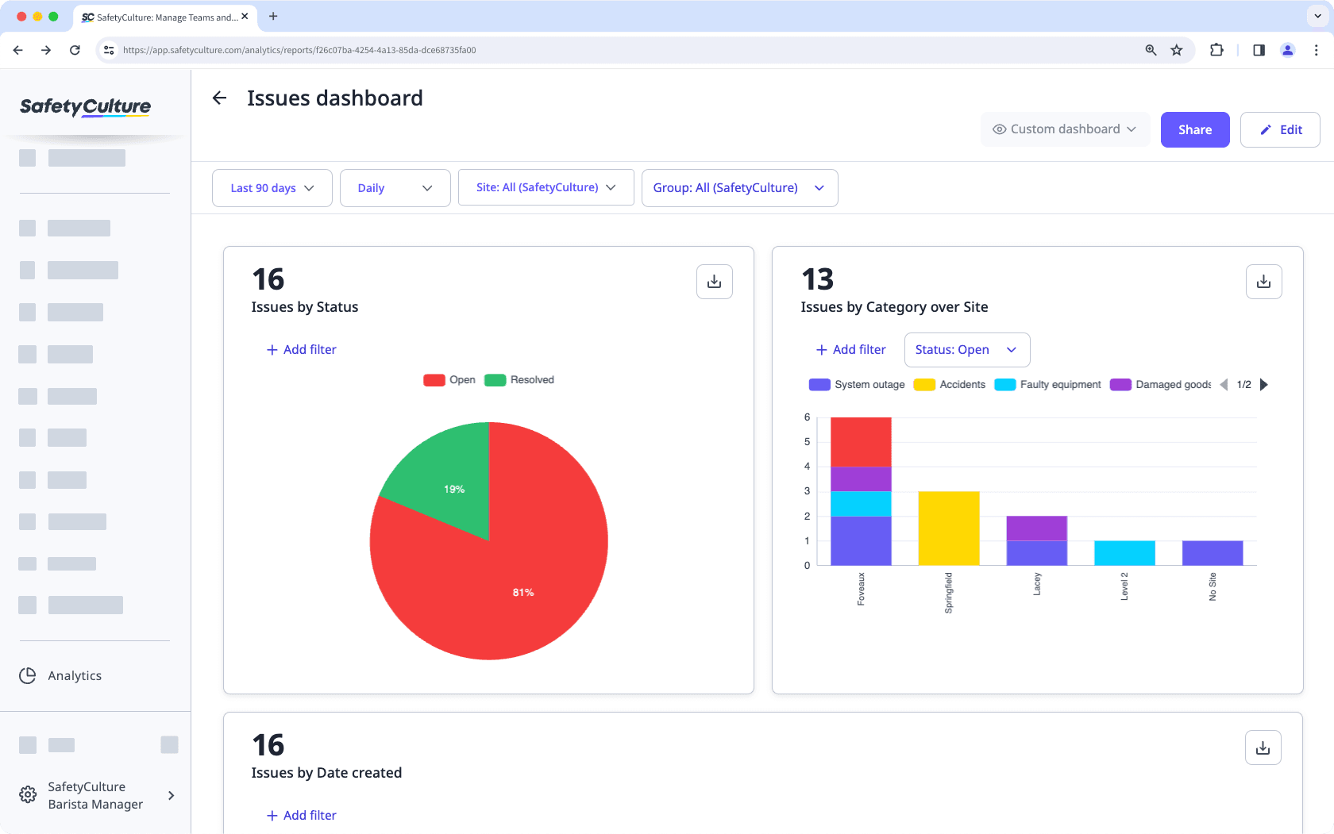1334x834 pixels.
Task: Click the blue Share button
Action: click(1194, 129)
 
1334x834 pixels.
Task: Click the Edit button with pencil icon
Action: click(1280, 129)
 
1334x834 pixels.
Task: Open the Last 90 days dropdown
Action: click(272, 188)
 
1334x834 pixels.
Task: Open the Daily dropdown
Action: click(395, 188)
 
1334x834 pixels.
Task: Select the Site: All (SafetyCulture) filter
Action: click(546, 187)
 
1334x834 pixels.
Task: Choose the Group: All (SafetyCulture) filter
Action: click(738, 188)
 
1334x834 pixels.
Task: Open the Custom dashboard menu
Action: click(1065, 129)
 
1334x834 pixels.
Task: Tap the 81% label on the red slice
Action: click(523, 593)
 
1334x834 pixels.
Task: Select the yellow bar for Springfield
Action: click(948, 528)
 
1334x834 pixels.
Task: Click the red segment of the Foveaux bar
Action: click(861, 441)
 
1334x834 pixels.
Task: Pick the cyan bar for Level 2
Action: click(1124, 552)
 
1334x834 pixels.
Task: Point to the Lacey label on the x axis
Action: click(1036, 584)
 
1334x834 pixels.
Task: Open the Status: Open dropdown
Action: click(966, 350)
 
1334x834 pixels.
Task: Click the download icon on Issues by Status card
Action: click(714, 282)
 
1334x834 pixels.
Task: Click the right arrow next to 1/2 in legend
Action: click(1264, 385)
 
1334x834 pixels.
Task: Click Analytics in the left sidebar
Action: click(74, 676)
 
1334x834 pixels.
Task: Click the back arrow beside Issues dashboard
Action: click(220, 98)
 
